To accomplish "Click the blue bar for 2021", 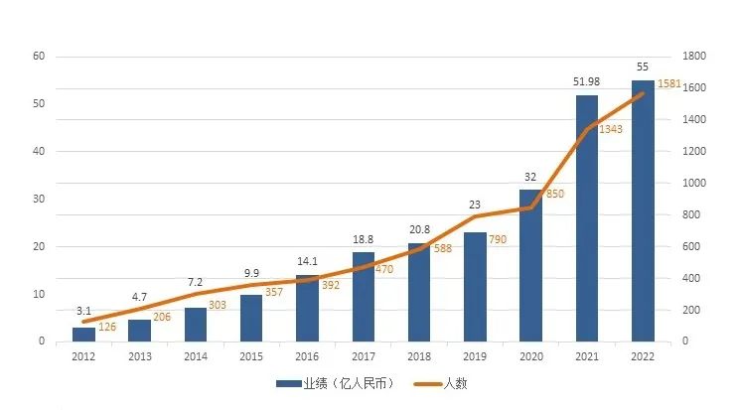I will click(x=586, y=218).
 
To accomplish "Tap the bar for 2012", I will click(x=83, y=335).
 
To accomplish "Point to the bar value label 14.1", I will click(x=307, y=263).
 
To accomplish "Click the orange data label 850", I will click(x=555, y=194).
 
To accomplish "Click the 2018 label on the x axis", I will click(x=419, y=355).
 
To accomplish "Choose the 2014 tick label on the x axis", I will click(x=196, y=355).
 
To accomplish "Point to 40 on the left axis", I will click(x=39, y=152).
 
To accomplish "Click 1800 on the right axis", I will click(x=692, y=57).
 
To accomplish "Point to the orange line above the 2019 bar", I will click(x=475, y=216).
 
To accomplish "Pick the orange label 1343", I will click(x=611, y=130).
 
